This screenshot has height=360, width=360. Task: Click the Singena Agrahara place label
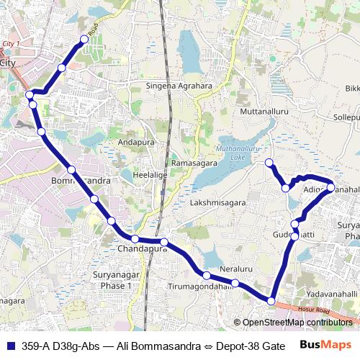click(180, 86)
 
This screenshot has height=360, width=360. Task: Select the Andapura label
click(136, 142)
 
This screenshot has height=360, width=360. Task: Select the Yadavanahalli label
click(331, 294)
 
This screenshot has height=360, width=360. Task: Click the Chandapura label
click(141, 249)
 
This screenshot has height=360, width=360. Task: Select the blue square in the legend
click(9, 346)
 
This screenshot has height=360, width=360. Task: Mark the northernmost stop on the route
click(84, 40)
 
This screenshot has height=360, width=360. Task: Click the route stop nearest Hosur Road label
click(271, 300)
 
